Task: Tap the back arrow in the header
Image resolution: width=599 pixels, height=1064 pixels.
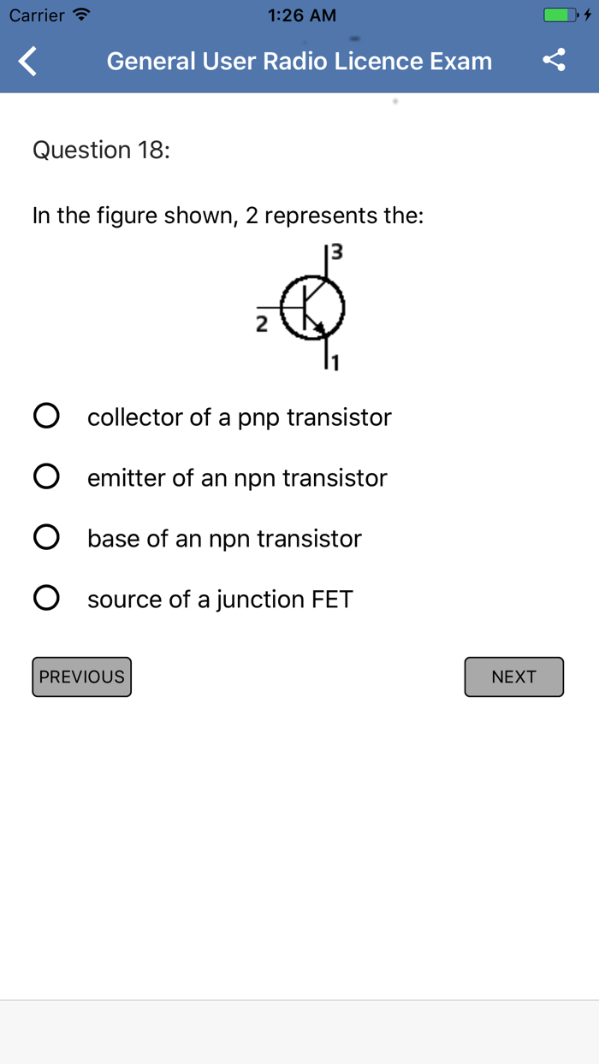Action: pyautogui.click(x=28, y=62)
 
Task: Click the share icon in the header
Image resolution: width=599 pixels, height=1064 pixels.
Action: pyautogui.click(x=555, y=60)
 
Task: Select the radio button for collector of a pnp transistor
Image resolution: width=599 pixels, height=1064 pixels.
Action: pyautogui.click(x=46, y=417)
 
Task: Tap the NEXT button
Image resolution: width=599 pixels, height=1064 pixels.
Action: pyautogui.click(x=513, y=677)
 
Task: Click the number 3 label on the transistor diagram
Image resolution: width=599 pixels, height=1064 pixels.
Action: pyautogui.click(x=336, y=252)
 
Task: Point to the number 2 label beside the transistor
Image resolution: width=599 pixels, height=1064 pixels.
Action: pyautogui.click(x=262, y=324)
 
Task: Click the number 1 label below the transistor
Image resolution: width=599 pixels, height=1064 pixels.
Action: pyautogui.click(x=335, y=364)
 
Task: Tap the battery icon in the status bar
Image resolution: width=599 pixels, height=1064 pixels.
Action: pyautogui.click(x=560, y=15)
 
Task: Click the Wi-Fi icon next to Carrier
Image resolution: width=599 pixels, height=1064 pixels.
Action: pyautogui.click(x=81, y=15)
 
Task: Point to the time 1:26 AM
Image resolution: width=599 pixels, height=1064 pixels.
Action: pyautogui.click(x=301, y=15)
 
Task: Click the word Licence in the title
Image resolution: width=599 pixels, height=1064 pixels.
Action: pyautogui.click(x=383, y=62)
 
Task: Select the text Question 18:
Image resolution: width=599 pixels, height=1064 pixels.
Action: pyautogui.click(x=101, y=150)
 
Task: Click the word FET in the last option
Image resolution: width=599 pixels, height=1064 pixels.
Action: pyautogui.click(x=332, y=599)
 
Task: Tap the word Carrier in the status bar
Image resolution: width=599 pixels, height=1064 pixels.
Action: pyautogui.click(x=37, y=15)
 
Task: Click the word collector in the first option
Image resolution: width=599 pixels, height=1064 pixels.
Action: pyautogui.click(x=135, y=417)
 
